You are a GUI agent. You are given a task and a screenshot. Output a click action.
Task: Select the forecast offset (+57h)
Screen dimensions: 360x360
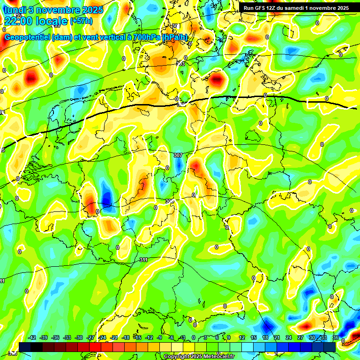click(81, 21)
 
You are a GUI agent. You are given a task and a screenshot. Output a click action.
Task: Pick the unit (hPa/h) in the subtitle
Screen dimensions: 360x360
click(174, 37)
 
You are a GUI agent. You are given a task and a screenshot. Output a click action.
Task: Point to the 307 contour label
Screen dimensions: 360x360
click(178, 155)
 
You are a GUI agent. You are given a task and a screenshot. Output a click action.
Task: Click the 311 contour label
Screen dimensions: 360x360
click(144, 260)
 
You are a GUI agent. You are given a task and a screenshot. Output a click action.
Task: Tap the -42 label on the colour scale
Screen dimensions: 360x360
click(32, 337)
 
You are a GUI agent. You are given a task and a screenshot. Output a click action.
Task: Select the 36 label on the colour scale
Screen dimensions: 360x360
click(336, 337)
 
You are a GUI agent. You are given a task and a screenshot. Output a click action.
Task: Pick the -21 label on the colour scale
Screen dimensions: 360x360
click(114, 337)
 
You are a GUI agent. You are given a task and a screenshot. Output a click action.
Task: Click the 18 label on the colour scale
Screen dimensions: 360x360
click(265, 337)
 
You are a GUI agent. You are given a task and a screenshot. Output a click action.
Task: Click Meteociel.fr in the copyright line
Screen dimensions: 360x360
click(218, 357)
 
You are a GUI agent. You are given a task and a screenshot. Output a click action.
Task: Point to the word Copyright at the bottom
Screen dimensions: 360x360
click(176, 357)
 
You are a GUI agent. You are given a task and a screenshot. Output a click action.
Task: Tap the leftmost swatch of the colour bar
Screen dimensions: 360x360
click(25, 347)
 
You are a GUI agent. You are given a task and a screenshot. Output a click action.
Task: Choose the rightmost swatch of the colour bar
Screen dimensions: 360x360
click(330, 347)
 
